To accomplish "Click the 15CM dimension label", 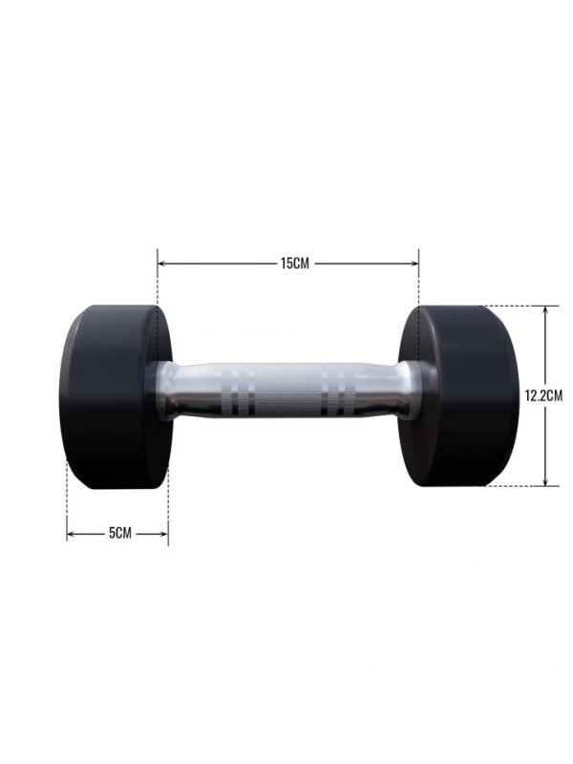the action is coord(295,264).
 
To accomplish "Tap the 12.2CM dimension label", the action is coord(543,395).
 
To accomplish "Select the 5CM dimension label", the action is coord(120,533).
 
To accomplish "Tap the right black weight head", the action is coord(459,395).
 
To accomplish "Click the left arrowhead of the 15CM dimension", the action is coord(161,264).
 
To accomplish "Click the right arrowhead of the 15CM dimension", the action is coord(414,264).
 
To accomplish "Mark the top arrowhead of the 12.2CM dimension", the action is coord(545,310).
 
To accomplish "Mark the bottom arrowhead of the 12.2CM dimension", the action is coord(545,481).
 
